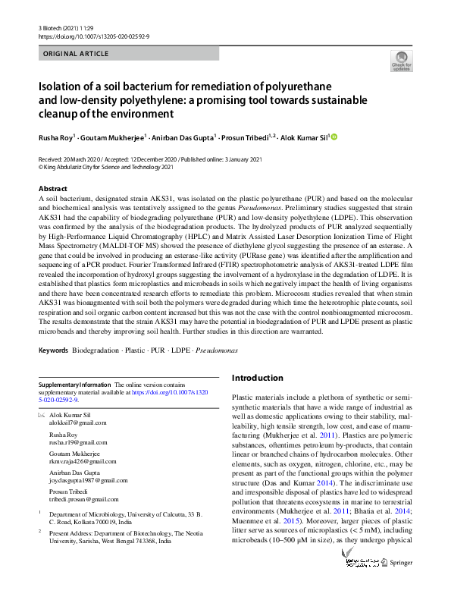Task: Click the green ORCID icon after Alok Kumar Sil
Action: [334, 137]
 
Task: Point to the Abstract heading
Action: [53, 187]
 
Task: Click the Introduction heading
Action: [257, 377]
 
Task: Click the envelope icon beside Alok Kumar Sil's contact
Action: [42, 416]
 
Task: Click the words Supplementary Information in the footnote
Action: [74, 386]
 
